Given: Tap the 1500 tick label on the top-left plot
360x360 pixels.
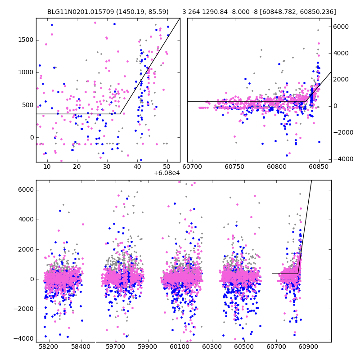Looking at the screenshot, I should tap(26, 40).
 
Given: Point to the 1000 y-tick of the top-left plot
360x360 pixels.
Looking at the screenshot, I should tap(26, 72).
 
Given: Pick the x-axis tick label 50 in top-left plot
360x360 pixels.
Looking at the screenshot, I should tap(167, 167).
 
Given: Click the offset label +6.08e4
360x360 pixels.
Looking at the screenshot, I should tap(167, 173).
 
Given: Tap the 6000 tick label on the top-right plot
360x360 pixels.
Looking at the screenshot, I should tap(341, 27).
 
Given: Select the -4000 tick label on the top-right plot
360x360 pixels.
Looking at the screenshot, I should tap(342, 159).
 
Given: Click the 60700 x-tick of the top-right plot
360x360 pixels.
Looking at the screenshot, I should tap(194, 167).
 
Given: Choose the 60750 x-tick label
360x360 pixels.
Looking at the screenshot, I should tap(236, 167).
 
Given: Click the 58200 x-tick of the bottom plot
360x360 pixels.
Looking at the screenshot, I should tap(48, 347).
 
